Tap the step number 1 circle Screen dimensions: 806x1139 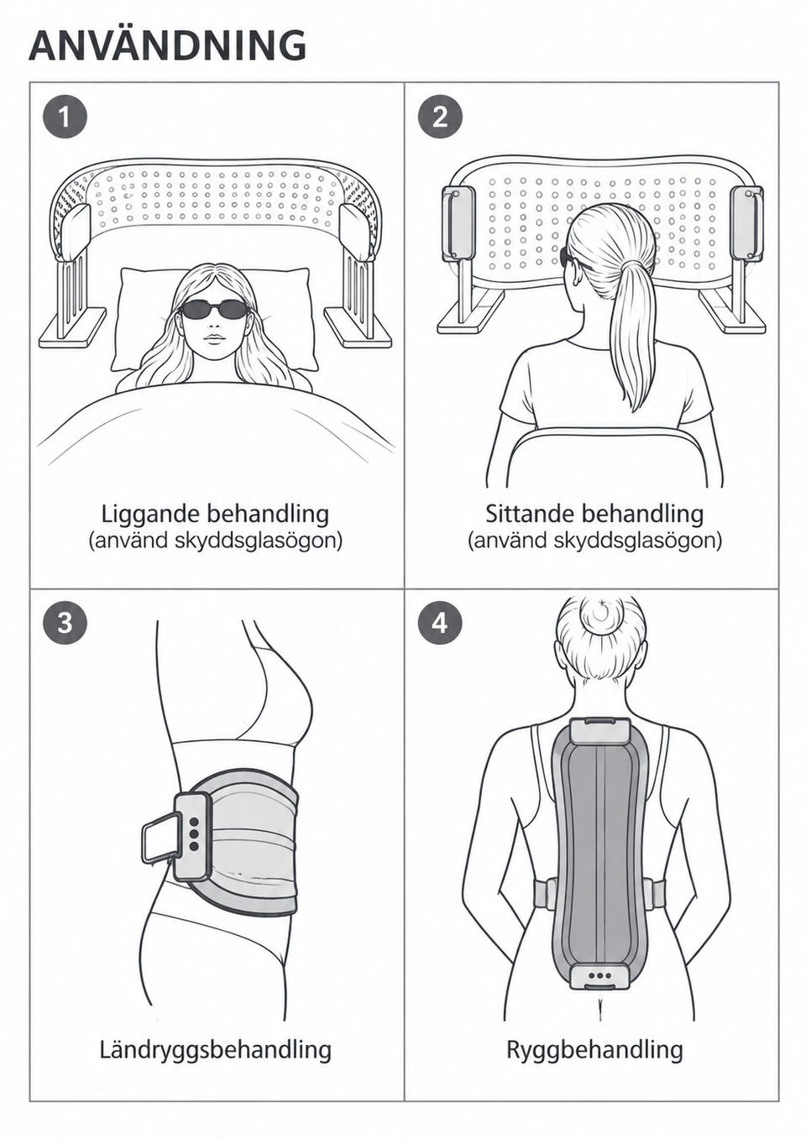[x=65, y=118]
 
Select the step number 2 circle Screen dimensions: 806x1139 [x=440, y=118]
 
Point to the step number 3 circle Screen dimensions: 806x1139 [x=65, y=622]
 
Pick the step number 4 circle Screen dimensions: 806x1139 [x=440, y=622]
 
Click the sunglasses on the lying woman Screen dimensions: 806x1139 [x=214, y=309]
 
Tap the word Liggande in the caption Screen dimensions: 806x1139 [x=150, y=515]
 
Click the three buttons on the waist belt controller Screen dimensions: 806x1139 [x=193, y=834]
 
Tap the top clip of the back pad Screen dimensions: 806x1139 [x=599, y=731]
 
